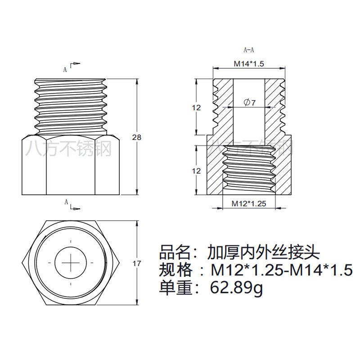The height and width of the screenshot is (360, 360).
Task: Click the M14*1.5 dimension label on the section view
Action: click(248, 63)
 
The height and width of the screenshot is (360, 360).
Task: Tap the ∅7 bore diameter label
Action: click(249, 103)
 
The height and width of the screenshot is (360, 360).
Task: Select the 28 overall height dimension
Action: click(137, 137)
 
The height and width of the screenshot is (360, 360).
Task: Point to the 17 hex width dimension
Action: click(137, 264)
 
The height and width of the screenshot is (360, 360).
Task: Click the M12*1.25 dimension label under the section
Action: click(249, 203)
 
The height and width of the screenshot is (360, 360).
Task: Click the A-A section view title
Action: click(249, 50)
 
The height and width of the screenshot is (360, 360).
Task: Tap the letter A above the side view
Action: click(65, 69)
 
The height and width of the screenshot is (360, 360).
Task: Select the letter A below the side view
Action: click(65, 202)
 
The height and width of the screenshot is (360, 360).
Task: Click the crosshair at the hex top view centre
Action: click(71, 261)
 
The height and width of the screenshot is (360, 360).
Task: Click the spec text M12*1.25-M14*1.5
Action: click(282, 270)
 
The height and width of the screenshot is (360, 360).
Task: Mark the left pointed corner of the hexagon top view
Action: click(22, 261)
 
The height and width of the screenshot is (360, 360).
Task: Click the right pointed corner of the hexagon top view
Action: click(119, 261)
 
